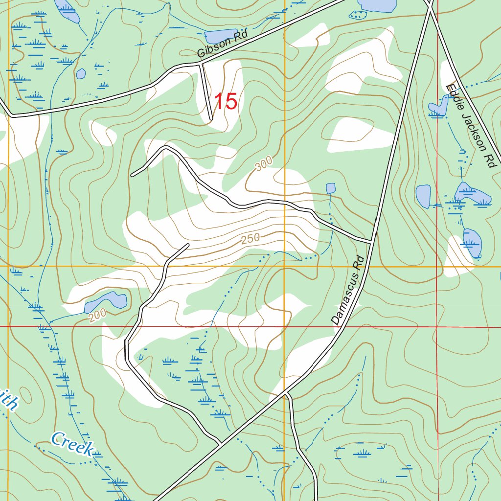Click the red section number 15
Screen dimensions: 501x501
coord(226,102)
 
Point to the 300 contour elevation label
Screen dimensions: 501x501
coord(263,165)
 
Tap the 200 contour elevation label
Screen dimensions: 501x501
coord(97,317)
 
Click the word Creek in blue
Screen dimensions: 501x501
coord(72,444)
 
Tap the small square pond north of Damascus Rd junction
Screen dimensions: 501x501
coord(331,188)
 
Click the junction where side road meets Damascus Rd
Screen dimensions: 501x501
coord(372,241)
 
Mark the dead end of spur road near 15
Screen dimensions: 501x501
coord(211,119)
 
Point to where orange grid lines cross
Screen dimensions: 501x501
coord(285,267)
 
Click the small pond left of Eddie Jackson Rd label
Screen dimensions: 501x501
coord(438,108)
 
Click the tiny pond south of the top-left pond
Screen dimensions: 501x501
coord(81,74)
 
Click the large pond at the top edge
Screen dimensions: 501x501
coord(377,5)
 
